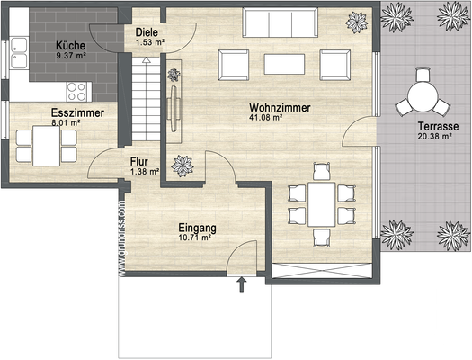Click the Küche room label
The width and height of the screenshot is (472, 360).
click(x=69, y=45)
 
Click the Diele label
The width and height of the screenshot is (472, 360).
click(x=147, y=31)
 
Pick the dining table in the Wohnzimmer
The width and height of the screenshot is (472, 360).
click(x=320, y=203)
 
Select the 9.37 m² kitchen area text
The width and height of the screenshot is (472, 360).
click(x=69, y=56)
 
